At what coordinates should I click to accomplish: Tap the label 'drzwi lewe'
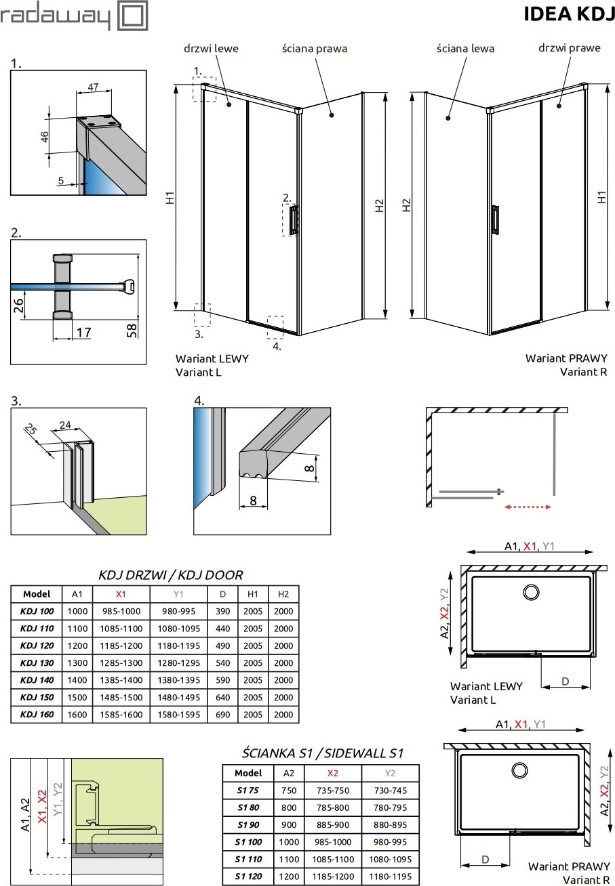211,49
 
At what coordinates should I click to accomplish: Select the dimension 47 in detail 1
94,87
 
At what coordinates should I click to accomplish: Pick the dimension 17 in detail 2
83,333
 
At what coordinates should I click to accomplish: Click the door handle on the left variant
293,221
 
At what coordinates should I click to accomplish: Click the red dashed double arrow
527,505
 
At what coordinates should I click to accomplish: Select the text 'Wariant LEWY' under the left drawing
212,358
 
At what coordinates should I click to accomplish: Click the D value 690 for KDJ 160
222,714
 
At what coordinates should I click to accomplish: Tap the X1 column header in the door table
121,594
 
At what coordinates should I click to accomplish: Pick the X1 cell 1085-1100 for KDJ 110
121,629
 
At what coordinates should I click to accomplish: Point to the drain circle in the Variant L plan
530,593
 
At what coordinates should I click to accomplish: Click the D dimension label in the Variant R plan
485,859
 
